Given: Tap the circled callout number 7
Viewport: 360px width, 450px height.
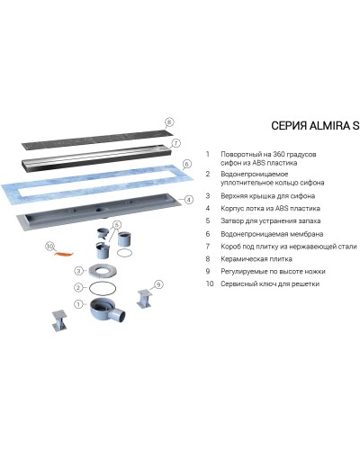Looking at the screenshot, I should [175, 142].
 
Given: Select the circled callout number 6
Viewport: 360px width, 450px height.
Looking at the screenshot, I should [186, 164].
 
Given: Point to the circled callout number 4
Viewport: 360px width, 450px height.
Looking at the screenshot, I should [189, 199].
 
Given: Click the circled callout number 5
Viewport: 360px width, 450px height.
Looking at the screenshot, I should [116, 224].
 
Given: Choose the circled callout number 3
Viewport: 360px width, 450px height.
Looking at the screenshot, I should [78, 270].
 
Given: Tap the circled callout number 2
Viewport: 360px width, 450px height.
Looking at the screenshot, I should [78, 287].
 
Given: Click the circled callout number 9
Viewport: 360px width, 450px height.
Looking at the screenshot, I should [158, 284].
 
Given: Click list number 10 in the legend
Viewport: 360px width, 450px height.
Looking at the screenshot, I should [209, 283].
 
